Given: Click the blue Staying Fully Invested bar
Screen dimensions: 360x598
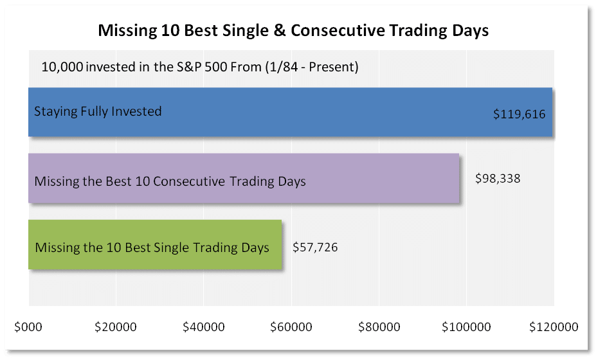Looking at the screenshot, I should click(289, 113).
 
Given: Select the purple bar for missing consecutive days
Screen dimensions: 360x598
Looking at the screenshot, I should click(244, 179).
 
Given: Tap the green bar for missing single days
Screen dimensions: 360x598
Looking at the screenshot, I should click(154, 245).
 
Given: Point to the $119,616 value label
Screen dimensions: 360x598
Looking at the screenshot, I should click(519, 114).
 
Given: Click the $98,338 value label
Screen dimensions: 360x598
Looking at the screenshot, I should click(497, 179).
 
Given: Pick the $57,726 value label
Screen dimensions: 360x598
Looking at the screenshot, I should click(315, 247).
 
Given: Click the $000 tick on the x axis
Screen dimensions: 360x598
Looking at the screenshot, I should click(28, 327).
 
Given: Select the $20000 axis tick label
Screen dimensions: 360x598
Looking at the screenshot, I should click(116, 327).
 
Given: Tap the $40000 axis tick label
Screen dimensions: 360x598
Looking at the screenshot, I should click(203, 327).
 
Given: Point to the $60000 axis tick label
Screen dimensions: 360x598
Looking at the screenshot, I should click(291, 327).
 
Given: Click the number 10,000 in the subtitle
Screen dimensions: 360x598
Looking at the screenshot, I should click(62, 66).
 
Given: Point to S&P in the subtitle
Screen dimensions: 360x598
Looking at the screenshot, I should click(225, 66).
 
